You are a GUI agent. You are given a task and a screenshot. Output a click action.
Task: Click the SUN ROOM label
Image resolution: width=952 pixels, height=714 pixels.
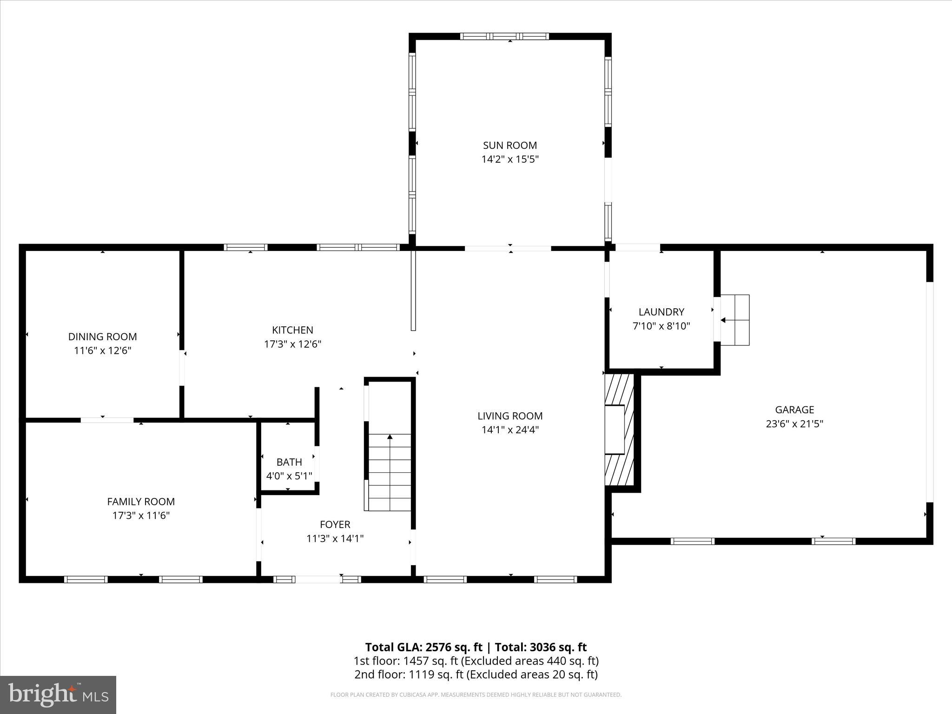pyautogui.click(x=510, y=145)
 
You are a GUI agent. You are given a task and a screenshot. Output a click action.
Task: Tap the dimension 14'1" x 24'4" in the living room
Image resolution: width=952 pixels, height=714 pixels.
pyautogui.click(x=510, y=430)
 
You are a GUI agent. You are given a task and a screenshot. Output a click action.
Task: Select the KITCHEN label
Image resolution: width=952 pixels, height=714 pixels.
pyautogui.click(x=292, y=330)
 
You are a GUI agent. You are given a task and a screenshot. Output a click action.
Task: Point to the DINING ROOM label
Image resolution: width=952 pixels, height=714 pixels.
pyautogui.click(x=102, y=337)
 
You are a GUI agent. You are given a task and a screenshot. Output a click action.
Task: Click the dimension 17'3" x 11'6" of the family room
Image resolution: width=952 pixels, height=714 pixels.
pyautogui.click(x=141, y=516)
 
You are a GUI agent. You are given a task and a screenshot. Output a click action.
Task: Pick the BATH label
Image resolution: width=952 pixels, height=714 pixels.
pyautogui.click(x=289, y=462)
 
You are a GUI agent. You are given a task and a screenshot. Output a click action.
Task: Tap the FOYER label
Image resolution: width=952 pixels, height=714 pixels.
pyautogui.click(x=335, y=524)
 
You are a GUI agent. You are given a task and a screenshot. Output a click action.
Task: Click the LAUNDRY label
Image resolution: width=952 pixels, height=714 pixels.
pyautogui.click(x=661, y=312)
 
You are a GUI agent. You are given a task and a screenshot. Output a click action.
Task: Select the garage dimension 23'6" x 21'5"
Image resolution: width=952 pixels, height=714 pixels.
pyautogui.click(x=794, y=424)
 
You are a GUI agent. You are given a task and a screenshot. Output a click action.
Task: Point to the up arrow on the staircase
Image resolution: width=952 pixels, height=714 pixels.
pyautogui.click(x=390, y=437)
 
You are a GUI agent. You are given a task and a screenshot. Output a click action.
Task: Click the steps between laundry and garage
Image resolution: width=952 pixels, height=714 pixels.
pyautogui.click(x=735, y=320)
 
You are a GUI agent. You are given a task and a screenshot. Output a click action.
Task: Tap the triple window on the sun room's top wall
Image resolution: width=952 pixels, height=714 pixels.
pyautogui.click(x=504, y=36)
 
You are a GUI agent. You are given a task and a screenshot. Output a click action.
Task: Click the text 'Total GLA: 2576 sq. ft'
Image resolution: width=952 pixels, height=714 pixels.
pyautogui.click(x=423, y=647)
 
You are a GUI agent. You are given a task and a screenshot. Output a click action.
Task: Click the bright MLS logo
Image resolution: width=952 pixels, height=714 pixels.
pyautogui.click(x=58, y=695)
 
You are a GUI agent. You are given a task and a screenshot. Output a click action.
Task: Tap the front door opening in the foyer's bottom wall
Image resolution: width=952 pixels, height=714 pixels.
pyautogui.click(x=318, y=579)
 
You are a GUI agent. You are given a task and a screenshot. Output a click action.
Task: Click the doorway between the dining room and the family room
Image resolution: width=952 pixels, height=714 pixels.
pyautogui.click(x=107, y=420)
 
